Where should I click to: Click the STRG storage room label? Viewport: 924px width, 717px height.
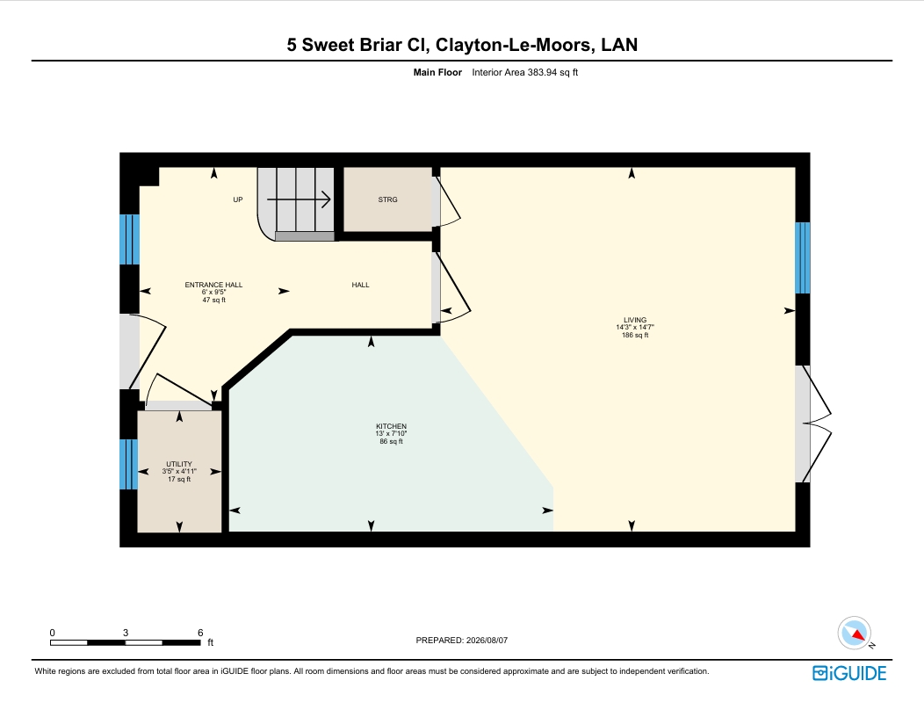coord(387,199)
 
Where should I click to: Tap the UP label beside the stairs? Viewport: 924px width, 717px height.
coord(238,199)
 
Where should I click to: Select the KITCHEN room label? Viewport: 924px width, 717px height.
coord(391,426)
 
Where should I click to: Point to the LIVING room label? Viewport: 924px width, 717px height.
coord(635,320)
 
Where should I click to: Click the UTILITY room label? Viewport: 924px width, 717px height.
coord(179,464)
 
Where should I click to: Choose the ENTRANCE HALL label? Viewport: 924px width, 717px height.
coord(214,285)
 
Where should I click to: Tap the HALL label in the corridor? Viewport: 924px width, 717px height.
coord(361,285)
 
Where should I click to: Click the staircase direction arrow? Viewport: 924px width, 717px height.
coord(299,199)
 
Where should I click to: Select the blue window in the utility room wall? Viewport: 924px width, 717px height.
coord(129,464)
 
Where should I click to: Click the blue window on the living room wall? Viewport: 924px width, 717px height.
coord(803,257)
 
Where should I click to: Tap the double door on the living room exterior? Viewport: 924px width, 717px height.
coord(814,424)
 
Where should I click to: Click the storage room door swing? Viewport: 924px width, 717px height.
coord(446,200)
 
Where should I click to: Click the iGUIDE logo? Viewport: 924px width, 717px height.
coord(849,673)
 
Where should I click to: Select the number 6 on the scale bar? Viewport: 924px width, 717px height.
coord(200,633)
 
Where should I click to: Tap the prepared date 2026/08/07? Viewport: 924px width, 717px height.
coord(487,641)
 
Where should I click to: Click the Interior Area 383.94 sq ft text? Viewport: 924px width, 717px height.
coord(525,73)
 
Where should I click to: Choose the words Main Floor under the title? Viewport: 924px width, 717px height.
coord(437,73)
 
